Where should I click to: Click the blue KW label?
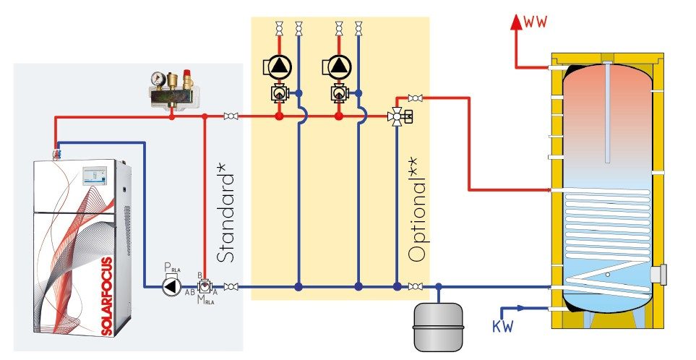[x=503, y=326]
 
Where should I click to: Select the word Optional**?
[x=418, y=209]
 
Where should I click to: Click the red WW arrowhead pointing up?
[x=516, y=22]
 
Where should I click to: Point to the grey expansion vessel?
[x=439, y=326]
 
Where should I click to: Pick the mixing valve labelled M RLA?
[x=205, y=286]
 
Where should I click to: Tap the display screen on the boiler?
[x=95, y=176]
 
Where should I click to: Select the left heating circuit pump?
[x=279, y=67]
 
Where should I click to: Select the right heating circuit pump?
[x=339, y=67]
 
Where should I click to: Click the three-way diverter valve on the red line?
[x=396, y=116]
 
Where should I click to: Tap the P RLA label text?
[x=172, y=267]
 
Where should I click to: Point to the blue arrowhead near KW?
[x=520, y=308]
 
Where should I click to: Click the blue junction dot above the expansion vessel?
[x=439, y=287]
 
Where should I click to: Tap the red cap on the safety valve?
[x=188, y=72]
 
